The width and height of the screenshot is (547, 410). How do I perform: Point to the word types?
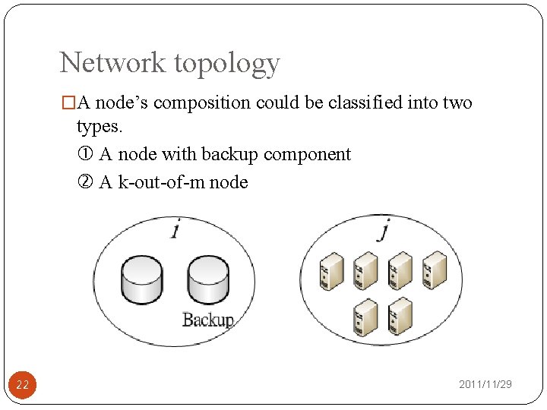(x=99, y=126)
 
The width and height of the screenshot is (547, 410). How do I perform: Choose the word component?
(x=307, y=155)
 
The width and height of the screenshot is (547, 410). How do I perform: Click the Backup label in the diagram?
(x=207, y=320)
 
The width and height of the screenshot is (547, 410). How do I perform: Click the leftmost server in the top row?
(x=332, y=270)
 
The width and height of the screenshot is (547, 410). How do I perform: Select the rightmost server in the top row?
(x=435, y=270)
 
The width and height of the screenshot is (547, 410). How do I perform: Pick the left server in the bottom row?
(x=366, y=317)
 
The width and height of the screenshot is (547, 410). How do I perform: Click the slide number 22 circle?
(x=22, y=385)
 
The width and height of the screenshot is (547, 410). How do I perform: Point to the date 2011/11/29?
(x=485, y=385)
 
